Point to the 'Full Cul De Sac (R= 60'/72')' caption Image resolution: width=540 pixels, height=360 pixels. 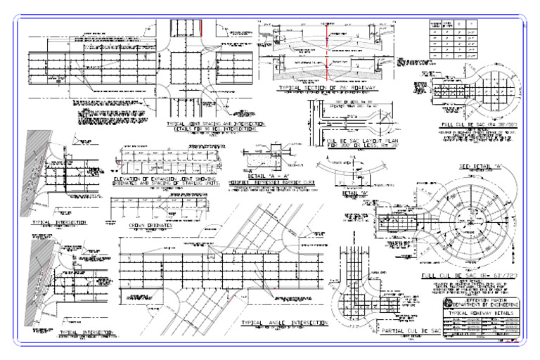(465, 276)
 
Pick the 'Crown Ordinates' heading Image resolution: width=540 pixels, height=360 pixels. (151, 226)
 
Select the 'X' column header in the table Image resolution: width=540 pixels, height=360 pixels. (458, 23)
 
